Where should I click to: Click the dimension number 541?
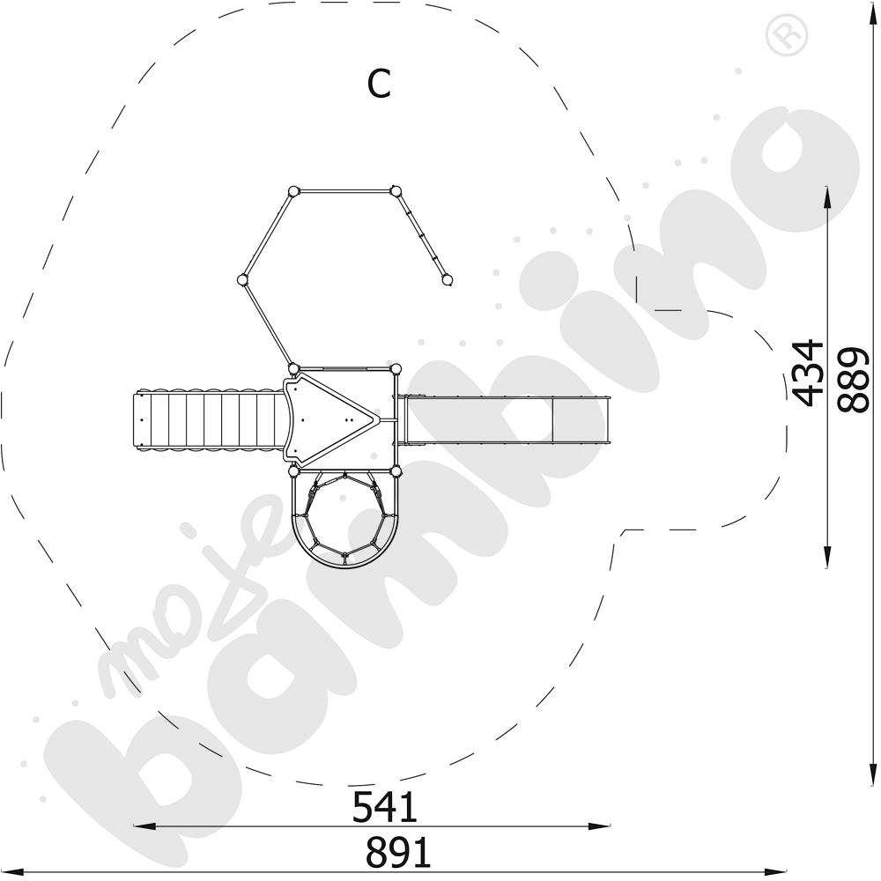point(385,807)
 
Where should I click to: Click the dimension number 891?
point(398,852)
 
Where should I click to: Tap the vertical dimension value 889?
point(853,381)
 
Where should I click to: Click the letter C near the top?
point(379,85)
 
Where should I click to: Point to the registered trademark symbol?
point(787,35)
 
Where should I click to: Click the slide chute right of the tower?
point(505,420)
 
